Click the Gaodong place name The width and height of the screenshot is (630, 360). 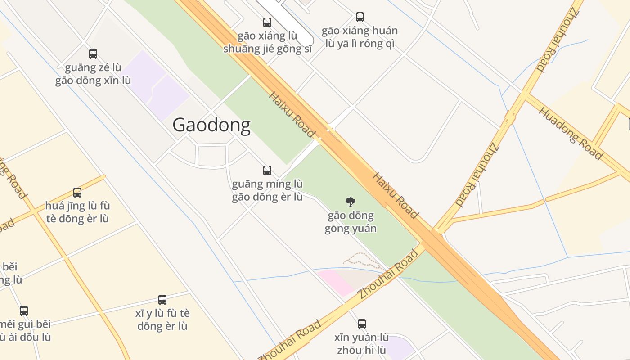point(211,125)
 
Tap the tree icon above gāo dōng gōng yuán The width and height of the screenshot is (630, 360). point(350,202)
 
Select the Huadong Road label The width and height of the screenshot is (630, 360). point(570,133)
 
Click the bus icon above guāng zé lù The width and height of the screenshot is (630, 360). point(93,54)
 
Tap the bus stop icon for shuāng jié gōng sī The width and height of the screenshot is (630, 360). point(267,22)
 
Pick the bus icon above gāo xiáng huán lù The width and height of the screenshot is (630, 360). point(360,17)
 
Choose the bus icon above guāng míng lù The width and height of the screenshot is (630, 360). point(267,170)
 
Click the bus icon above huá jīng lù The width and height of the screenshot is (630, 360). point(77,193)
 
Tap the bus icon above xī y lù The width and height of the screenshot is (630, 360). point(162,299)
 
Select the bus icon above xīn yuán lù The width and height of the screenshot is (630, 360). point(362,324)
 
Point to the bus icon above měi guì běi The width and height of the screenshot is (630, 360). point(24,310)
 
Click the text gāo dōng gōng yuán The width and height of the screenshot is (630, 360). point(350,222)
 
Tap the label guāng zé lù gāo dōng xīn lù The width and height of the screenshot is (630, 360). point(93,74)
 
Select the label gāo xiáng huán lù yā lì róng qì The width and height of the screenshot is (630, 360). point(360,37)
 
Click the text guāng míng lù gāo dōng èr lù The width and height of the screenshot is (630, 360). point(267,190)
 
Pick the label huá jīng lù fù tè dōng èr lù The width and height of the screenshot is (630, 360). point(77,212)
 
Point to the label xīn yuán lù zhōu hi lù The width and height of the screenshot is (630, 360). point(362,343)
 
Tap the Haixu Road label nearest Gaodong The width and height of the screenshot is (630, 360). point(292,114)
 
